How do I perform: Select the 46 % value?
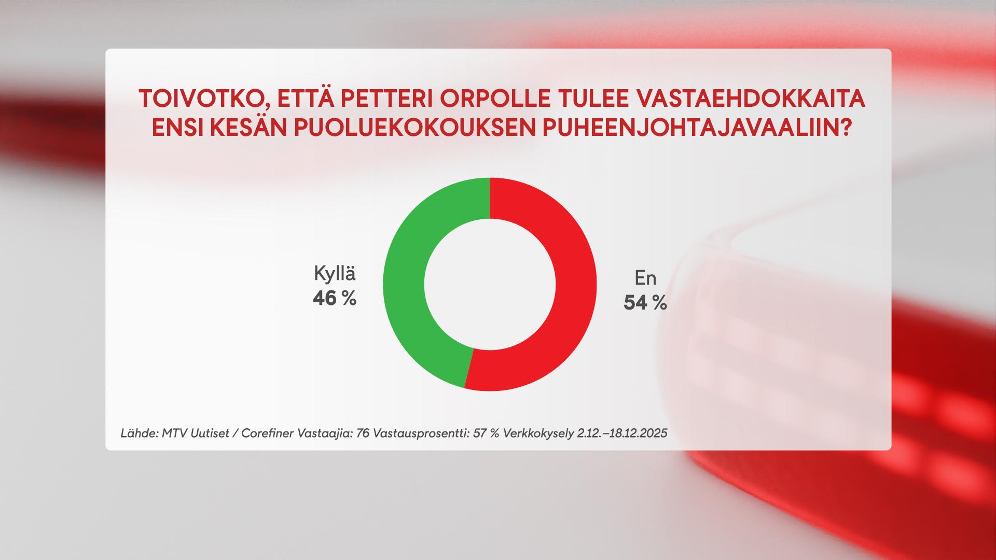[x=335, y=298]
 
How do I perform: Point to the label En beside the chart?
[x=645, y=278]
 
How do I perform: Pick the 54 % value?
[x=645, y=303]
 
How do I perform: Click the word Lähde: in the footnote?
[x=139, y=433]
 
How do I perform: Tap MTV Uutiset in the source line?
[x=195, y=433]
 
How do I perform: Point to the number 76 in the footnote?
[x=363, y=433]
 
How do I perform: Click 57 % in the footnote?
[x=486, y=433]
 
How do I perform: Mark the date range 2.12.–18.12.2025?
[x=622, y=433]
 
